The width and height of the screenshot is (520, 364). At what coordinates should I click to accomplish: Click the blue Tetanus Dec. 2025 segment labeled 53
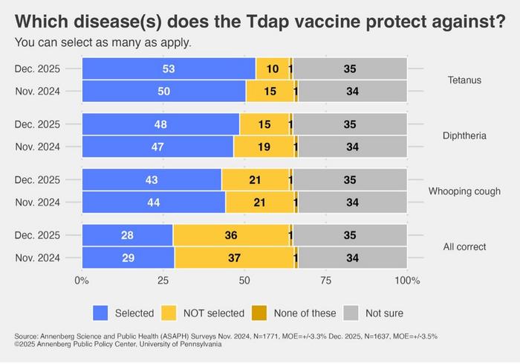click(169, 69)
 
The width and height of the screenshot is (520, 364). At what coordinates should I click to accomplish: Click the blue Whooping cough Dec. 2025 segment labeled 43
click(152, 180)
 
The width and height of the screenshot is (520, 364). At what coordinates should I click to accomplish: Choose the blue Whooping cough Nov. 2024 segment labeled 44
click(154, 202)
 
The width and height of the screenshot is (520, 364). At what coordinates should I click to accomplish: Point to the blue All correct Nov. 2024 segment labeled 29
click(129, 257)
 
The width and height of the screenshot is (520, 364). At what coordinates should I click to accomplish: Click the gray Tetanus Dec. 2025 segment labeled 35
click(350, 69)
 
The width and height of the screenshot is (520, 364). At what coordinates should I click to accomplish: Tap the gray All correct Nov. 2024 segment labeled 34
click(352, 257)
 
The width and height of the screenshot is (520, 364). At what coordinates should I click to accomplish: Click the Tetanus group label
click(465, 80)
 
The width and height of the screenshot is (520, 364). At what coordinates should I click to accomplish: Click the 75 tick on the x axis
click(325, 281)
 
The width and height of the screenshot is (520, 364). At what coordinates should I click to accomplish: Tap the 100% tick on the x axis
click(407, 281)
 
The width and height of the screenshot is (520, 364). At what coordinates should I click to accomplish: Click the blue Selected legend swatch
click(102, 313)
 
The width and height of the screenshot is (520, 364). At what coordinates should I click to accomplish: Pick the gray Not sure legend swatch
click(354, 313)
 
